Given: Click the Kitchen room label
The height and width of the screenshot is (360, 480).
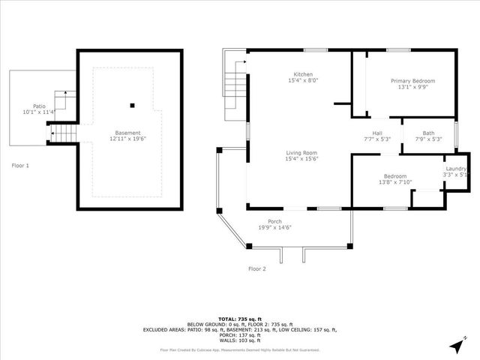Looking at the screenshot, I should coord(303,74).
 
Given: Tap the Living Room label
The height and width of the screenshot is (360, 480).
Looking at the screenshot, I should coord(301,152).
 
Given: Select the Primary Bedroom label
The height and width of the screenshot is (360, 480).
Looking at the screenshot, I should coord(412,81).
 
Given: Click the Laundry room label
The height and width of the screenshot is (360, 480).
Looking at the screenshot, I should coord(457,169).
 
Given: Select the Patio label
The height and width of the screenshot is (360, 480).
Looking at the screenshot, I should coord(39,106).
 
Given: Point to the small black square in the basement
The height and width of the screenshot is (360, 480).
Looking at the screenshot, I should coord(132,105).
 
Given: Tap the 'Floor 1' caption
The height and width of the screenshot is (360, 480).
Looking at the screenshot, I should coord(20,165).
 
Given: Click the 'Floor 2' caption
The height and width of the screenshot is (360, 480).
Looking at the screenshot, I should coord(257,268).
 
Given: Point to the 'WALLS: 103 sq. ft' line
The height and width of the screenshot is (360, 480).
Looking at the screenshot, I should coord(239,340).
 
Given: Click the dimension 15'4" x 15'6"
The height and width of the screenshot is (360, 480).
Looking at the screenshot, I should coord(301,158).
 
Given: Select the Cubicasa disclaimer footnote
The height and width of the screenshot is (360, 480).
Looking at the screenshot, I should coord(239,349).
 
